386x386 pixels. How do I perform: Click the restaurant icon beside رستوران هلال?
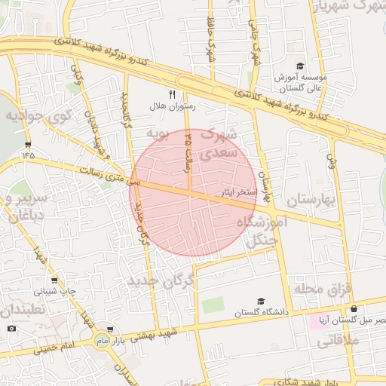coord(172,94)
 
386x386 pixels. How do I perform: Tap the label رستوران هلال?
coord(174,107)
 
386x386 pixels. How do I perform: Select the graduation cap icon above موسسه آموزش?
coord(300,66)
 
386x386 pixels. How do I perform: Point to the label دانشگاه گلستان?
coord(240,313)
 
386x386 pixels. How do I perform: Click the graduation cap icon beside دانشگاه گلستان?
coord(261,302)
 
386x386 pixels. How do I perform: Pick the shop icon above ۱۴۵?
coord(29,144)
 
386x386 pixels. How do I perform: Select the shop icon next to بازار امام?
coord(112,329)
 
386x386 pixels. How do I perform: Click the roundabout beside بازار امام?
coord(100,342)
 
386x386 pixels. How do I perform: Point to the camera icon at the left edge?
coord(11,328)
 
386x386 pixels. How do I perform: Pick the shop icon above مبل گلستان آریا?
coord(354,308)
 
